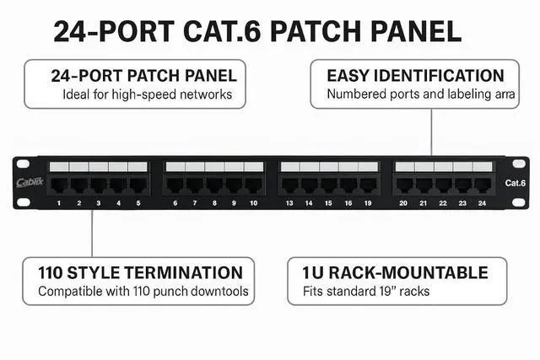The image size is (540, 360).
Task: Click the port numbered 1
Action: (x=59, y=185)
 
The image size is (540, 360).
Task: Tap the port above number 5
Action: (x=138, y=185)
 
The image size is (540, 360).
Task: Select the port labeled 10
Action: (x=253, y=185)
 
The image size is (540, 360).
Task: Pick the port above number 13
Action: (x=289, y=185)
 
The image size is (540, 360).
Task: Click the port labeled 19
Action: (x=367, y=185)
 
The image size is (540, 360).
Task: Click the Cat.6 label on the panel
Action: (x=516, y=183)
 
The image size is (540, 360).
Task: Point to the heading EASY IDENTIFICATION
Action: (x=415, y=76)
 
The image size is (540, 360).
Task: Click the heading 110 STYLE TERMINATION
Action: (x=140, y=272)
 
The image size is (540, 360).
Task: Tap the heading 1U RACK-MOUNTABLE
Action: (x=395, y=272)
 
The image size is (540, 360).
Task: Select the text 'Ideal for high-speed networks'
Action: (x=147, y=94)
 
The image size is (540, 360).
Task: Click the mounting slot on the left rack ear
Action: (x=23, y=164)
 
